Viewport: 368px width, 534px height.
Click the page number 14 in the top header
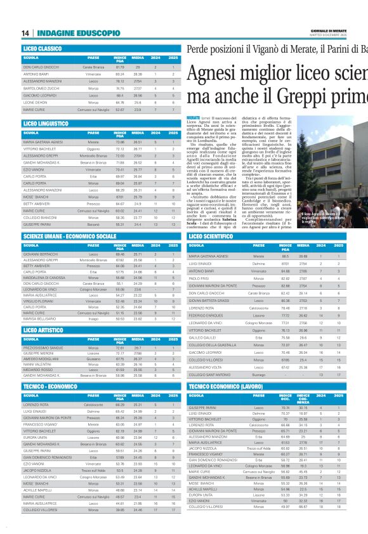pos(25,33)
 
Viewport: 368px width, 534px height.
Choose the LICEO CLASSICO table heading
pos(43,48)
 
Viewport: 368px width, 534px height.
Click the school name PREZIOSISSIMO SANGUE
pos(46,348)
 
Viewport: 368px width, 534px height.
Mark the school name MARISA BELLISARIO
pos(42,318)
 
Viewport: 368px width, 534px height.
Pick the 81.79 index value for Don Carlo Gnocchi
pos(119,67)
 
